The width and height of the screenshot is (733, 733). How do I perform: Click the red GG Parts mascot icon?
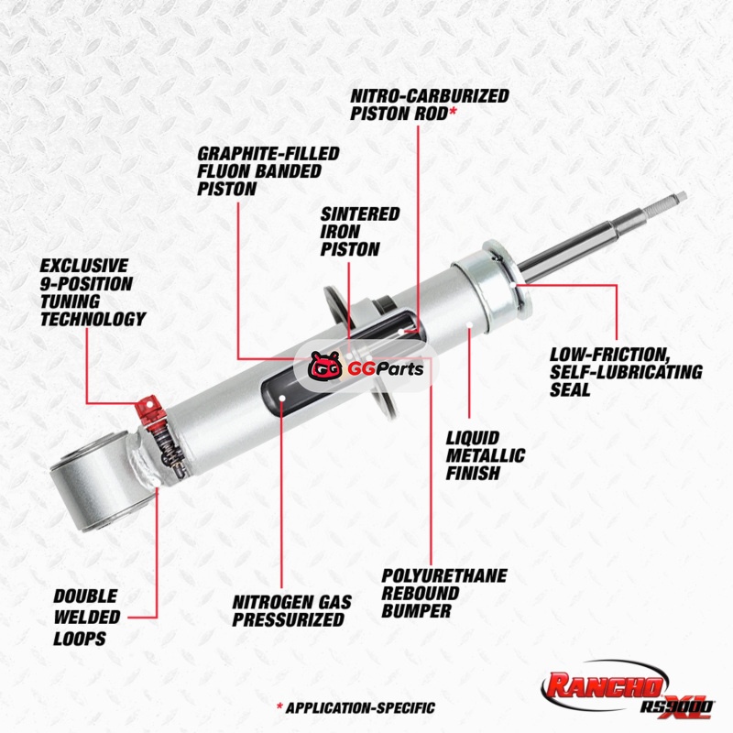[x=325, y=366]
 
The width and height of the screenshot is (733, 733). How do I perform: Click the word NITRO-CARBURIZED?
[x=430, y=96]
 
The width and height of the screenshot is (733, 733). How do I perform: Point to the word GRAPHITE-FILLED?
[x=268, y=153]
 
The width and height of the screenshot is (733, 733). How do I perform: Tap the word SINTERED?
[x=360, y=214]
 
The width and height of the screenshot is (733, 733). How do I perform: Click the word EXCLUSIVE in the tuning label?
[x=84, y=266]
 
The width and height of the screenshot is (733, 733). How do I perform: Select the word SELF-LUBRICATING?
[x=626, y=372]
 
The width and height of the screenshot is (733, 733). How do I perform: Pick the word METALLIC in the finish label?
[x=486, y=455]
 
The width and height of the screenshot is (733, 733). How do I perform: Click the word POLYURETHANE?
[x=444, y=576]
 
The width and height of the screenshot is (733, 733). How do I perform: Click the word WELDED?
[x=87, y=617]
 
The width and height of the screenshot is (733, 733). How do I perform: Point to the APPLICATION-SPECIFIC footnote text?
[x=360, y=707]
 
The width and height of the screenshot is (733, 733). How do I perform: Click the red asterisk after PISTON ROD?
[x=453, y=112]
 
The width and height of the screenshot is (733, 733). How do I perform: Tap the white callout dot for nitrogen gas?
[x=282, y=398]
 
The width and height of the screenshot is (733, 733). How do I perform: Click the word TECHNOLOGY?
[x=93, y=319]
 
